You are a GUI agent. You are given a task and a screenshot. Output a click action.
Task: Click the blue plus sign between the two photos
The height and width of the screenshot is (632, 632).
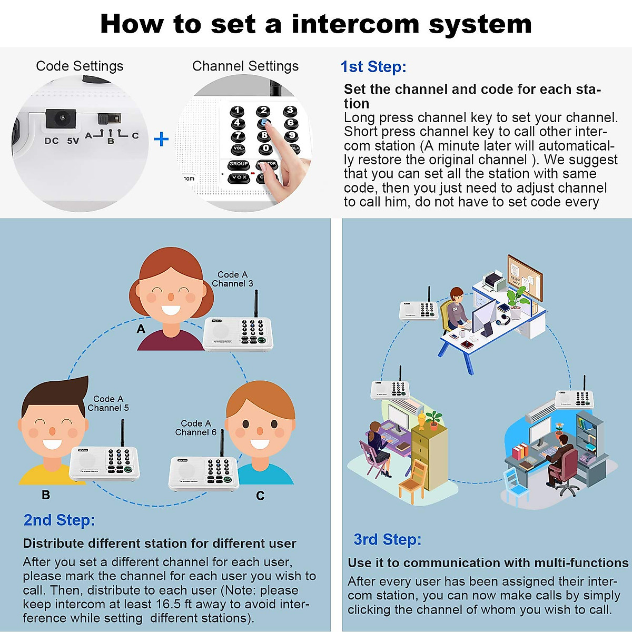coord(161,140)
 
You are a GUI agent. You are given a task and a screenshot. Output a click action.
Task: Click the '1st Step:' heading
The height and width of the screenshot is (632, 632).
coord(373,67)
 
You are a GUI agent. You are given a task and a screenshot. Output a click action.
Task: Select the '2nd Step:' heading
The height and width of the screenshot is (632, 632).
coord(59,520)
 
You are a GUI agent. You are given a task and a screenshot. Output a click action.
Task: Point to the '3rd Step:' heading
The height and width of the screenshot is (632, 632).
coord(387,540)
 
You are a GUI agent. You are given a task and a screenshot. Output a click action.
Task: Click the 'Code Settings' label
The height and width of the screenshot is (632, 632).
coord(80,66)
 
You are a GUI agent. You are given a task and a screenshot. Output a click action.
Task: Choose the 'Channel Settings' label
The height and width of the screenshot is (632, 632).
coord(245,66)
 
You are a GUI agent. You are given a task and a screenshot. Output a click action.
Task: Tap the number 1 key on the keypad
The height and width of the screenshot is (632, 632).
coord(237,111)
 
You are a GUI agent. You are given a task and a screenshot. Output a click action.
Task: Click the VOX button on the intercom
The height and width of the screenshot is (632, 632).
coord(239,177)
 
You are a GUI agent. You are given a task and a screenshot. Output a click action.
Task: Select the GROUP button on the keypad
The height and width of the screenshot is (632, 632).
coord(239,164)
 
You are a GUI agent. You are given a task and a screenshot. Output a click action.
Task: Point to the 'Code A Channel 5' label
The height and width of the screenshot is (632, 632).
coord(108,403)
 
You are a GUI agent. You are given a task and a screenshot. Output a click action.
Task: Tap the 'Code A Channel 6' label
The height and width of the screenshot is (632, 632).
coord(196,428)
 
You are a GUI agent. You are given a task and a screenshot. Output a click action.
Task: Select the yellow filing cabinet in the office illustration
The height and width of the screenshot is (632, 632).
coord(430,448)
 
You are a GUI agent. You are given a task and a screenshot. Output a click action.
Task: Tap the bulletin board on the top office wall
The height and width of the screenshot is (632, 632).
coord(525,277)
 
